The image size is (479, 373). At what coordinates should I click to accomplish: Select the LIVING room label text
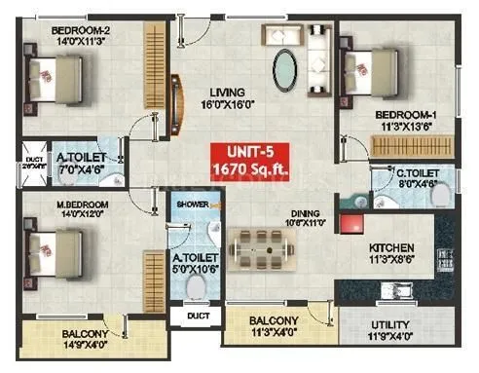pos(226,94)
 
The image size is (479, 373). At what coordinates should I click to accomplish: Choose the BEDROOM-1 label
pos(407,115)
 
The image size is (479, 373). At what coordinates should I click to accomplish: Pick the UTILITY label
pos(396,325)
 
